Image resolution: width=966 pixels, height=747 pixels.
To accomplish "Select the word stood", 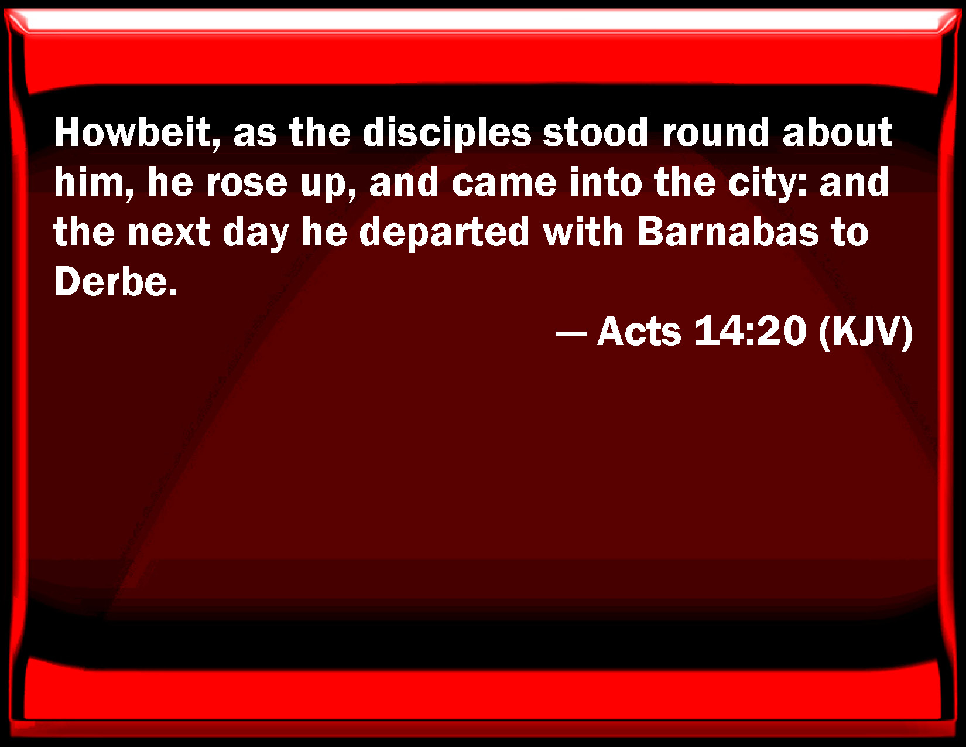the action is pos(595,132).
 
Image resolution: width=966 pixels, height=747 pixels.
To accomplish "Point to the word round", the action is pos(715,132).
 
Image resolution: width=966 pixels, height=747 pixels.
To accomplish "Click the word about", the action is pos(838,132).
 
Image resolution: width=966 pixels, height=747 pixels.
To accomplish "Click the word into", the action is pos(605,182).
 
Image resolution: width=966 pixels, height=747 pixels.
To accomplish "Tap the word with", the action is pos(583,232).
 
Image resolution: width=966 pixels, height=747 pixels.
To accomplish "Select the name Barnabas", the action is pos(728,232).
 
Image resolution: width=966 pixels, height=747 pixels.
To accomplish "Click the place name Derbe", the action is pos(115,282).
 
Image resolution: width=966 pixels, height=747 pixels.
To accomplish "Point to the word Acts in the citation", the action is pos(639,332).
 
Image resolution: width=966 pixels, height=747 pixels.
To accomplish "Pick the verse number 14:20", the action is pos(750,332).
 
